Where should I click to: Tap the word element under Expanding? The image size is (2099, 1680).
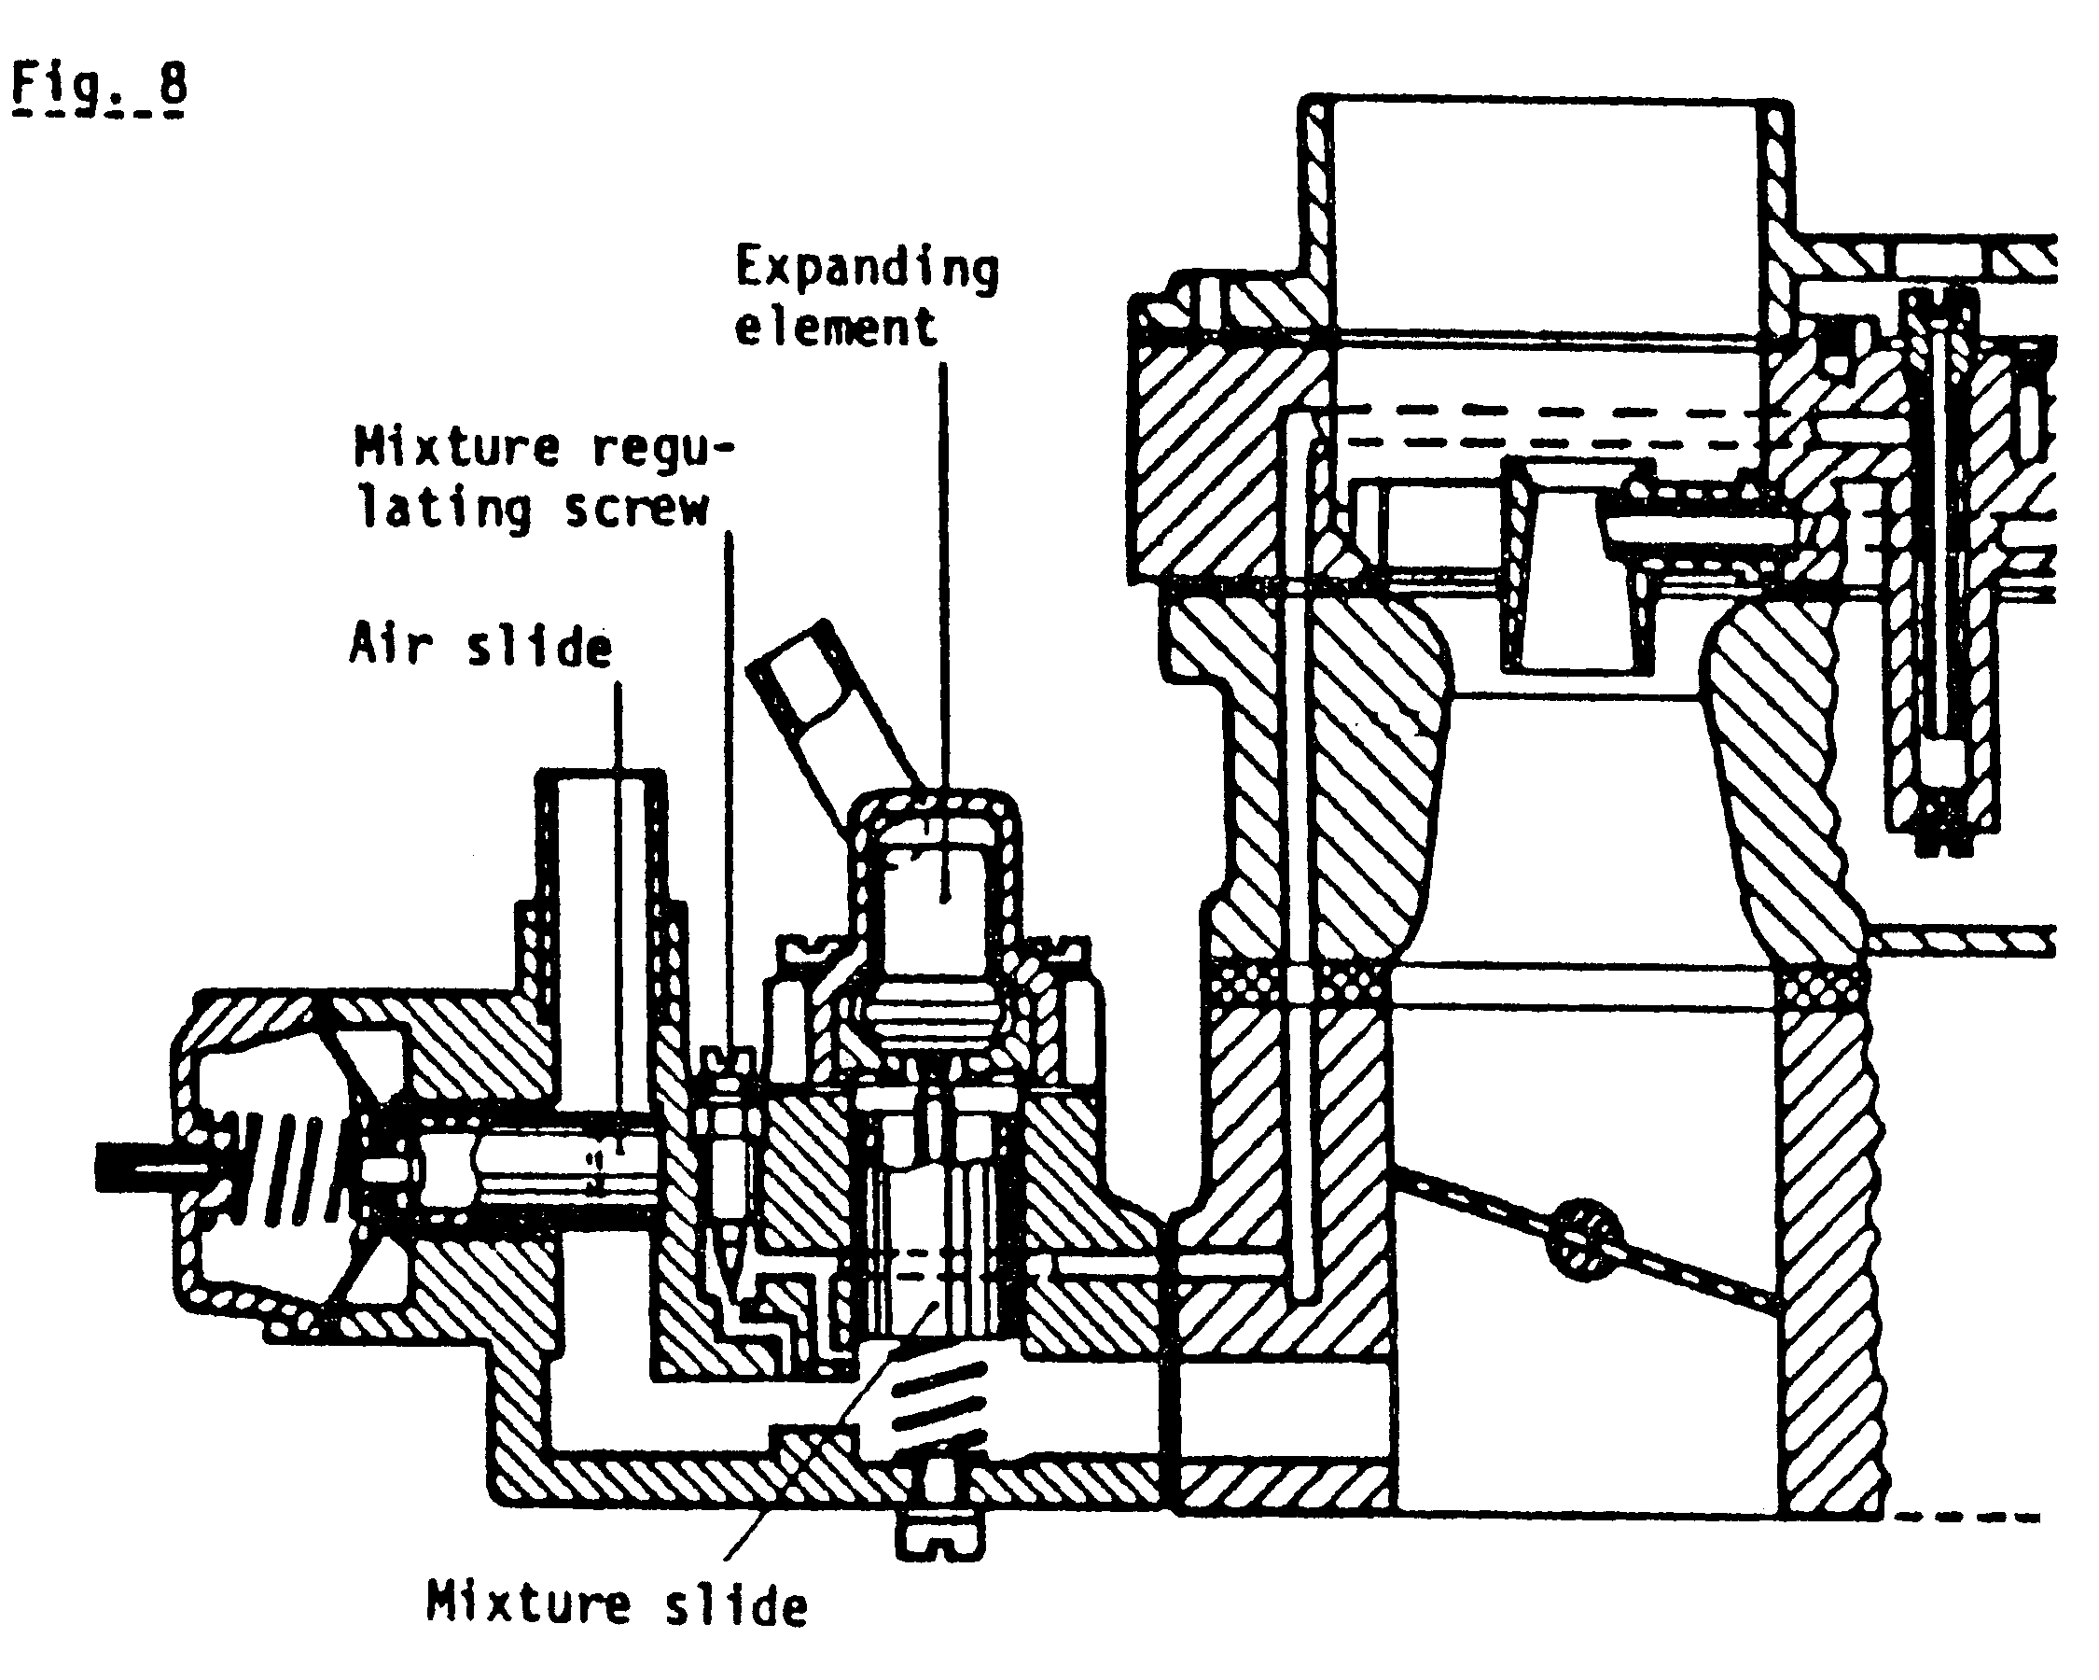click(835, 328)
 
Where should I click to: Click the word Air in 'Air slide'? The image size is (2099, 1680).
click(390, 644)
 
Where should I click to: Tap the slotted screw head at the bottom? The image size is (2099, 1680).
click(939, 1536)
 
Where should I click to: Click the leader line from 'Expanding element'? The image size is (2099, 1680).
click(942, 584)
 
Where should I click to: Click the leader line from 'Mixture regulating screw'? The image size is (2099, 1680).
click(730, 779)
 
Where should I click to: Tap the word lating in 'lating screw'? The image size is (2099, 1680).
click(444, 509)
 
